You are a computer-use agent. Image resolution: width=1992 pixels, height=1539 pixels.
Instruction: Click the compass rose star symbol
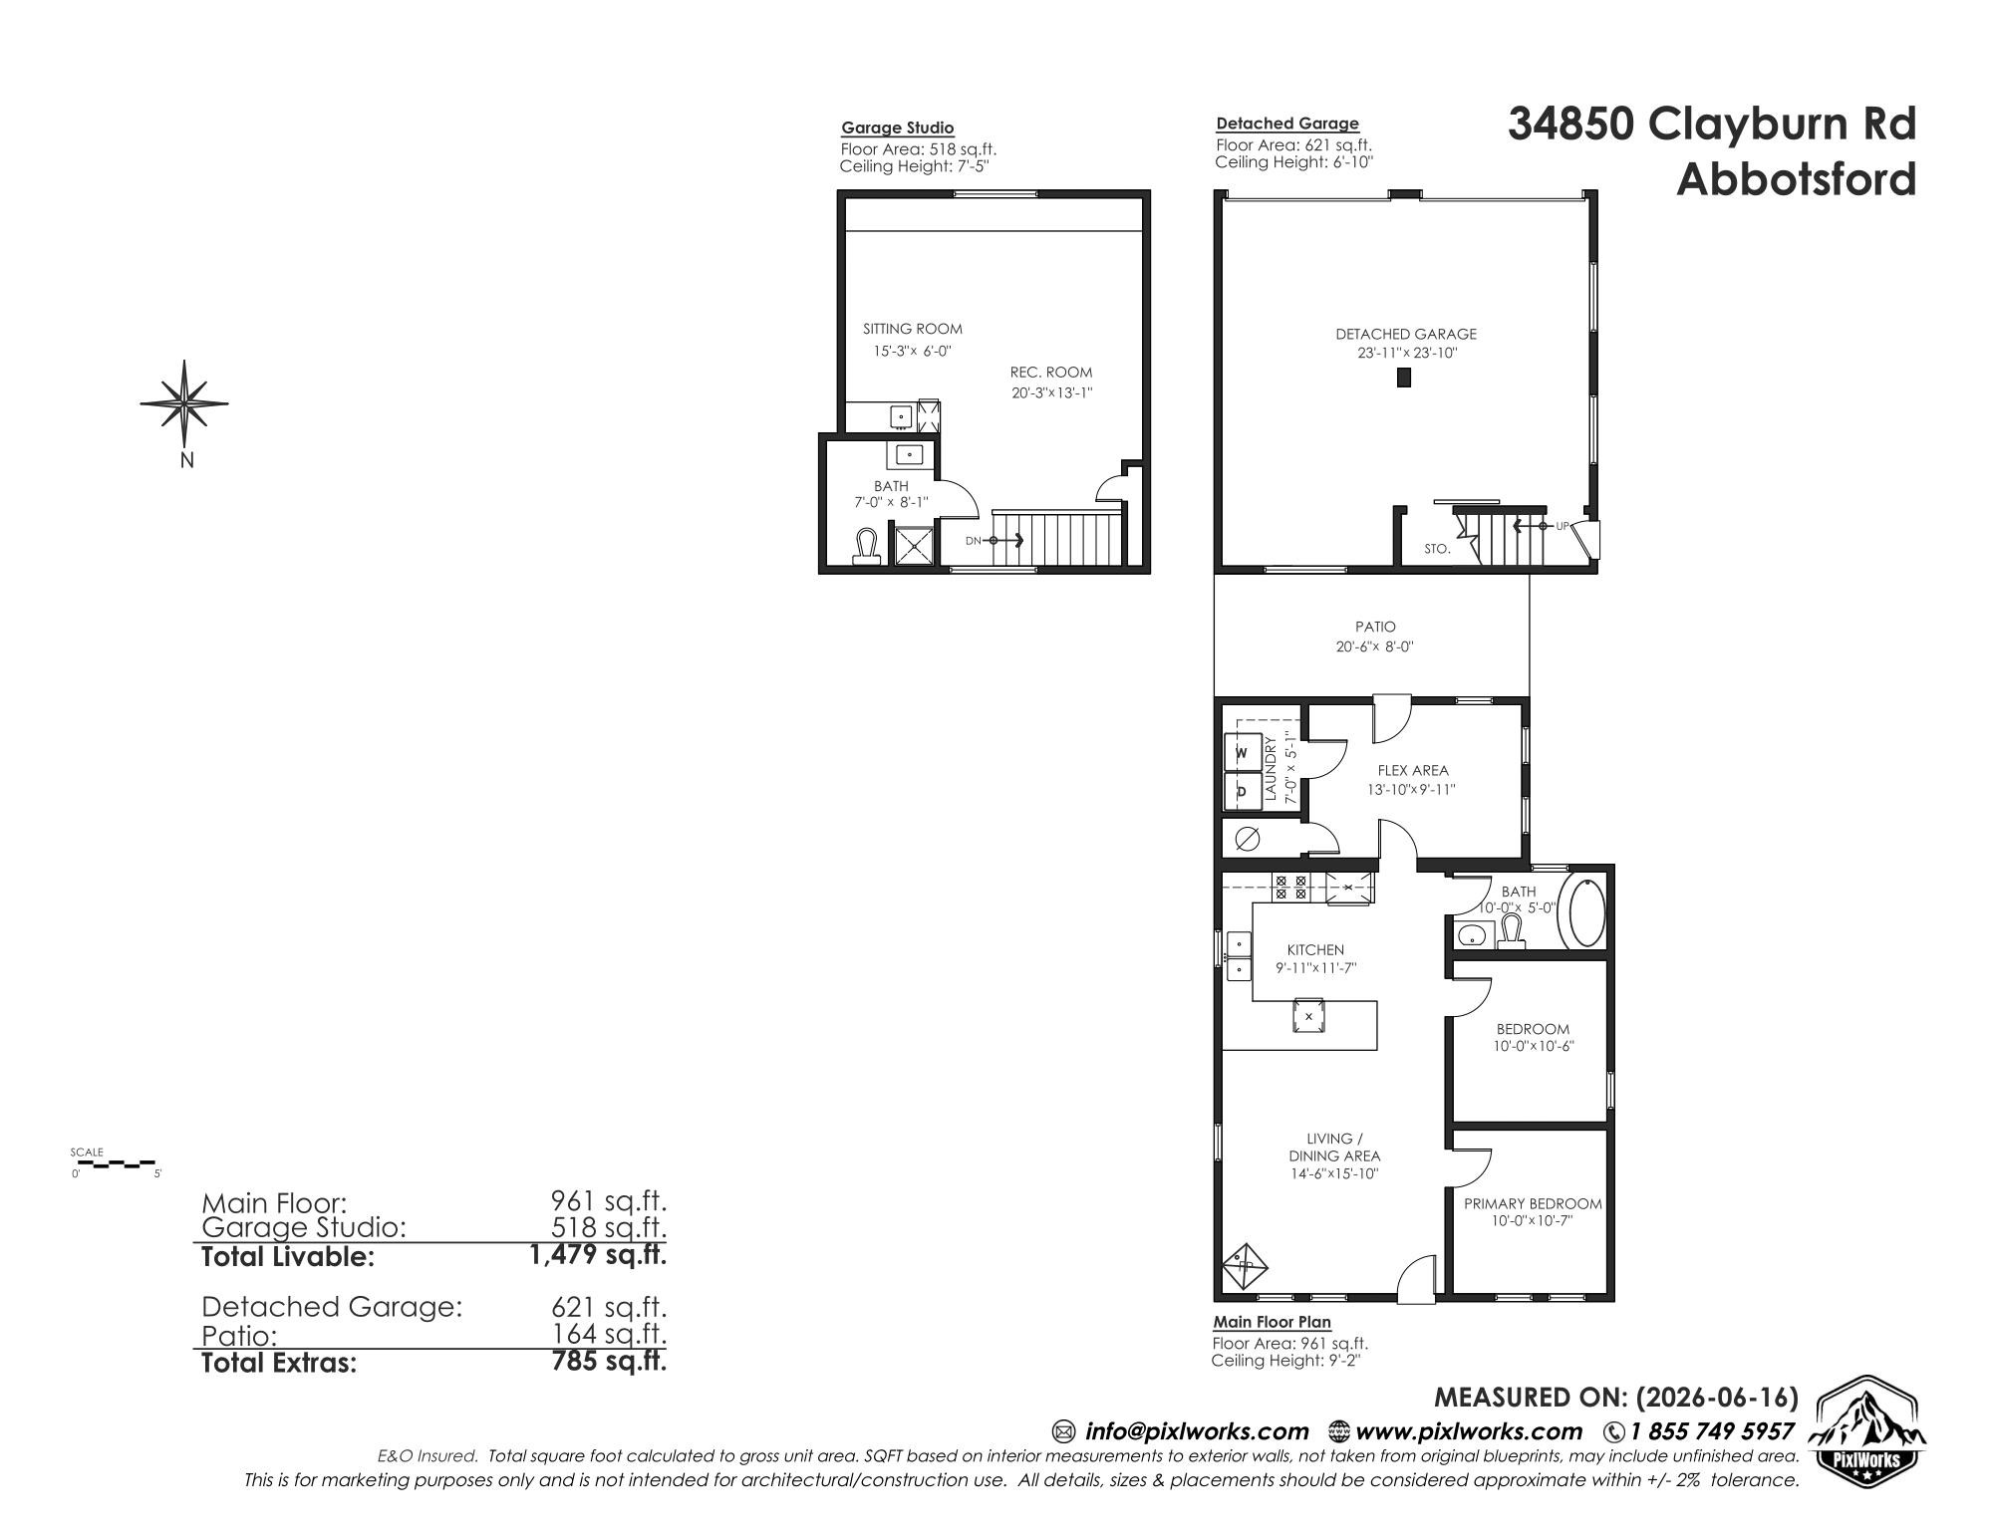[185, 403]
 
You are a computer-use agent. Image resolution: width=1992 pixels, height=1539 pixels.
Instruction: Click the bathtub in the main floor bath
[1586, 911]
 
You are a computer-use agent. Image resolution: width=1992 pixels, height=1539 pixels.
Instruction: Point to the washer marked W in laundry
[1242, 753]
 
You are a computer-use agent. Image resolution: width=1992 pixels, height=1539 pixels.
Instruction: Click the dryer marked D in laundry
[1242, 792]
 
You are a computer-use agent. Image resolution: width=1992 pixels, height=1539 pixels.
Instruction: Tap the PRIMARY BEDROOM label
[1533, 1203]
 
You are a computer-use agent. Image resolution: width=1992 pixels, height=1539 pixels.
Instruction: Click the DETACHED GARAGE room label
[1406, 334]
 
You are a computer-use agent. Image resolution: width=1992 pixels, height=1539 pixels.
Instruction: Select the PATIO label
[1375, 627]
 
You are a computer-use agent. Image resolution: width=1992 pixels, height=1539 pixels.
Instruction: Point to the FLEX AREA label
[1413, 770]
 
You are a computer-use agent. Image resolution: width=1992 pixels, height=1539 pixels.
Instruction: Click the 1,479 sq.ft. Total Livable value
[598, 1255]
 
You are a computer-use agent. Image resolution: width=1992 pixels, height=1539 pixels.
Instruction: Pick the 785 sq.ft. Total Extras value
[609, 1361]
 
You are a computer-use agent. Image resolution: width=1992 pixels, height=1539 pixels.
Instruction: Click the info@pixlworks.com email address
[1196, 1431]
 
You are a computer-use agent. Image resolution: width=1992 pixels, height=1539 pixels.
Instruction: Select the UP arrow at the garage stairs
[1526, 525]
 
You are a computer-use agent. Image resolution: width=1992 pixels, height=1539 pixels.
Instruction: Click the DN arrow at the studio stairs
[1005, 541]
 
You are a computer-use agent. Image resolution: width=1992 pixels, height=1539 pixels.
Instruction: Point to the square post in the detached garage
[1404, 378]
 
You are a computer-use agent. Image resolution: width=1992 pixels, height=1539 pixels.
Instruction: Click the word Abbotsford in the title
[1796, 179]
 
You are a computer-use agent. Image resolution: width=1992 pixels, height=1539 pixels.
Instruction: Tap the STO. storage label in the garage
[1437, 549]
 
